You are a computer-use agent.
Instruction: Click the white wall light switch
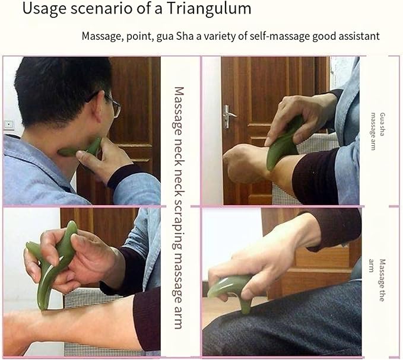pyautogui.click(x=9, y=124)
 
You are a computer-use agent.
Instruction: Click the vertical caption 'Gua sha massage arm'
pyautogui.click(x=376, y=130)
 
